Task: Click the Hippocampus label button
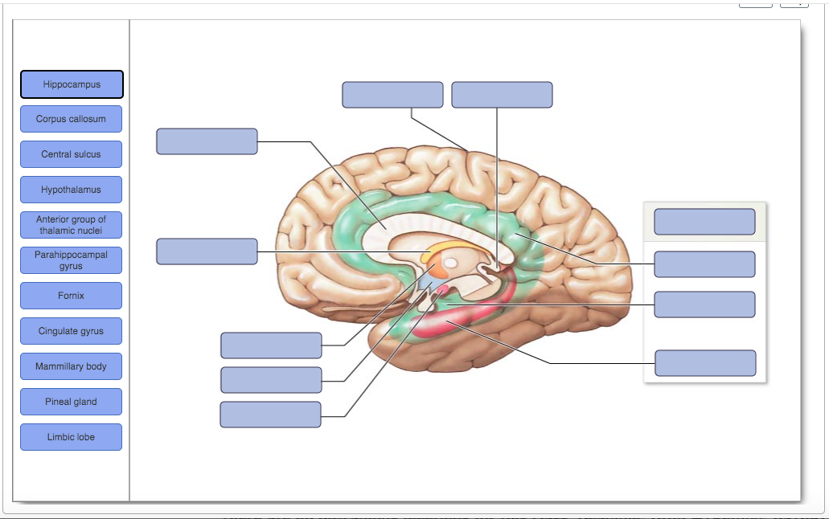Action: (72, 84)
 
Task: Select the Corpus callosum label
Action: (72, 119)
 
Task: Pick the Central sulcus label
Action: (72, 154)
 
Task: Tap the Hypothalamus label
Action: (72, 190)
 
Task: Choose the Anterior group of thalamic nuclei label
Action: (72, 225)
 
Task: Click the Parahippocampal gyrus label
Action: (72, 260)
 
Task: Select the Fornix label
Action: (72, 296)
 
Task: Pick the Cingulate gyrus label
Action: (72, 331)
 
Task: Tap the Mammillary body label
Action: (72, 366)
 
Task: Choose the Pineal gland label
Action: (72, 402)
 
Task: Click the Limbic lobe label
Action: (72, 437)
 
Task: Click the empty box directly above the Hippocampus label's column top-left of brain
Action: (207, 141)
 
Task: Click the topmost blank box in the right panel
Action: (704, 222)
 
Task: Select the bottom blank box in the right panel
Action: (705, 363)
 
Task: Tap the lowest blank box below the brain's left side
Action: (270, 415)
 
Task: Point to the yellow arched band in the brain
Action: (450, 248)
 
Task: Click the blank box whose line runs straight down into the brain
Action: (502, 95)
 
